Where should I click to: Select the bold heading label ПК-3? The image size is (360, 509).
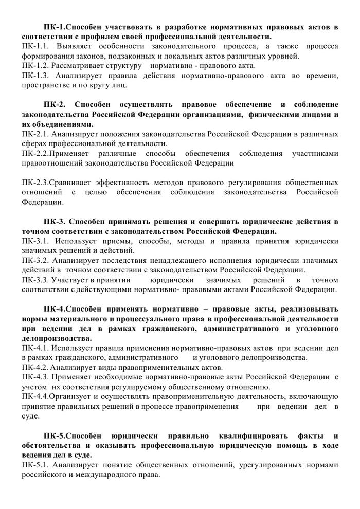(x=55, y=222)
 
